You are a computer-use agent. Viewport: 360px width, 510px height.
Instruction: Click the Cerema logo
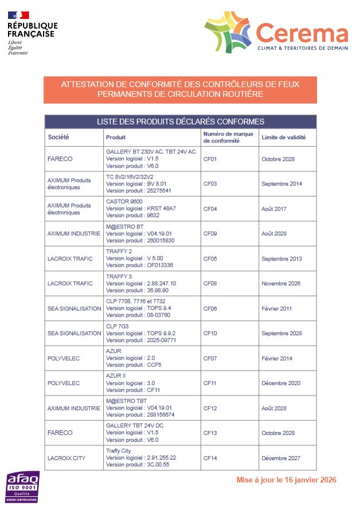[276, 34]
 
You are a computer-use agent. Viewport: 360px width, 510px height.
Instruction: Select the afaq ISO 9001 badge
[22, 487]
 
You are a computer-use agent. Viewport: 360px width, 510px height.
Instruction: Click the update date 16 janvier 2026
[286, 480]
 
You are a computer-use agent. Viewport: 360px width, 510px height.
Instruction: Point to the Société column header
[58, 138]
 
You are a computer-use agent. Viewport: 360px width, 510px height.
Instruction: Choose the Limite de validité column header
[283, 138]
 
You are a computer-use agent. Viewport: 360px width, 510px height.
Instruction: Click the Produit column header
[115, 138]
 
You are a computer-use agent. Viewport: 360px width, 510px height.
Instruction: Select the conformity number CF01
[210, 159]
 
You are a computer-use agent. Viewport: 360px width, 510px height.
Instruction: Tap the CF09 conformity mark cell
[210, 234]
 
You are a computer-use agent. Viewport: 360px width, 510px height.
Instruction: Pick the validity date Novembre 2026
[281, 283]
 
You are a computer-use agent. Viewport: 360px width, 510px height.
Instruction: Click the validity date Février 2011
[276, 309]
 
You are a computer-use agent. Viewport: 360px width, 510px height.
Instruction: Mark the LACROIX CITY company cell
[66, 458]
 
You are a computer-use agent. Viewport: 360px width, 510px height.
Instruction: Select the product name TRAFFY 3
[119, 277]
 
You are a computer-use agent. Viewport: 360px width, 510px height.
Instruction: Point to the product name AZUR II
[116, 376]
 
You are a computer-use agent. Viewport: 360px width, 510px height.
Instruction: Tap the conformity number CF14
[210, 458]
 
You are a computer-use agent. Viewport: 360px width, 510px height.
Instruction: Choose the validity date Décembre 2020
[281, 383]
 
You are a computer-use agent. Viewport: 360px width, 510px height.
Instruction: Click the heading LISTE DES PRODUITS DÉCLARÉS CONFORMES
[180, 122]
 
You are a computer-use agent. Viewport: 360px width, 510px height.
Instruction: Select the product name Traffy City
[118, 451]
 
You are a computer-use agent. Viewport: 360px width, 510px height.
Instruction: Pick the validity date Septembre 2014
[281, 184]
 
